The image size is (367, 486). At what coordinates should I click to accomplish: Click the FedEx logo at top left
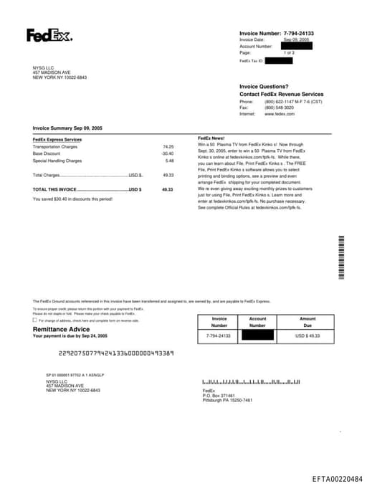[x=49, y=35]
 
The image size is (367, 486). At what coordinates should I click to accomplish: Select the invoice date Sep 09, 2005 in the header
[x=296, y=39]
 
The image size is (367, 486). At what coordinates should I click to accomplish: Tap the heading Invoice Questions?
[x=264, y=86]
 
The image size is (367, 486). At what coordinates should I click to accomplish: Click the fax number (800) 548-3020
[x=279, y=108]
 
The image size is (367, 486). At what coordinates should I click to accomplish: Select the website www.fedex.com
[x=280, y=114]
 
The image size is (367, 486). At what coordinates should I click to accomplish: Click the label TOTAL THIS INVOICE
[x=54, y=189]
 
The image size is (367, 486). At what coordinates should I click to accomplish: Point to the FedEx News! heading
[x=211, y=138]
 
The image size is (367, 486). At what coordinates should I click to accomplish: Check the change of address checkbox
[x=35, y=320]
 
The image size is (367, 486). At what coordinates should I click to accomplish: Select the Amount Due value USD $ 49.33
[x=308, y=335]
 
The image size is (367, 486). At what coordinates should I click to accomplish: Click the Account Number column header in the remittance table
[x=257, y=321]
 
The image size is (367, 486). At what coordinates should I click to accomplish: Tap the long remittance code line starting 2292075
[x=116, y=353]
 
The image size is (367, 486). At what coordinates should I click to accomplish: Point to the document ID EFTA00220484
[x=337, y=478]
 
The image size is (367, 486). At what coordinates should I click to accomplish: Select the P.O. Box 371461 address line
[x=219, y=395]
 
